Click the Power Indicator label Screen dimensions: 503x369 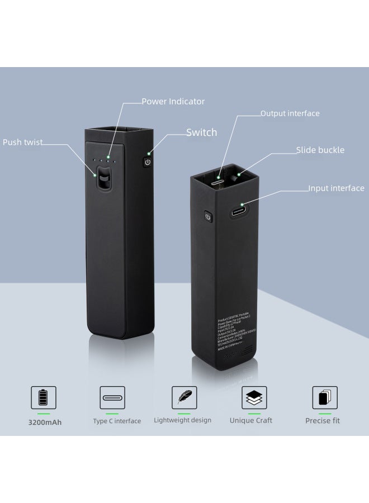[x=173, y=102]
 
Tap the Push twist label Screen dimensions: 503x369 [x=23, y=142]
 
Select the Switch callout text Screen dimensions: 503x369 [x=201, y=132]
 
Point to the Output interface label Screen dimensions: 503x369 [x=290, y=113]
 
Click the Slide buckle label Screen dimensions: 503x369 [x=320, y=150]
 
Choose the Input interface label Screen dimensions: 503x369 [x=336, y=188]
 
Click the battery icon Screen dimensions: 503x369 [x=43, y=398]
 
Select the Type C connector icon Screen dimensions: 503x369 [x=112, y=398]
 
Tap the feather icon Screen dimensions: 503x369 [x=183, y=397]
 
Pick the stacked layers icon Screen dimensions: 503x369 [x=254, y=397]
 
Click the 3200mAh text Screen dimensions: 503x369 [x=45, y=422]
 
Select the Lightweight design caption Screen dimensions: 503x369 [x=183, y=420]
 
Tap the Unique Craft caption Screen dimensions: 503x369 [x=250, y=420]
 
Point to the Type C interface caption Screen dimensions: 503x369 [x=117, y=421]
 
